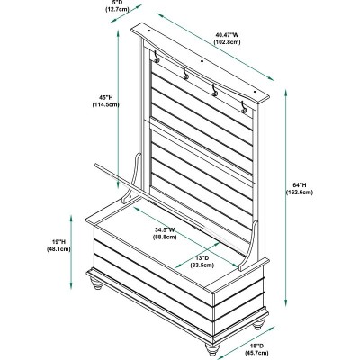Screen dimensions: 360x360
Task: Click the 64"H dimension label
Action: tap(300, 185)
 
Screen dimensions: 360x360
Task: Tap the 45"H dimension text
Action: tap(106, 97)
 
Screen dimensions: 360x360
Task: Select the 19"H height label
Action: tap(58, 241)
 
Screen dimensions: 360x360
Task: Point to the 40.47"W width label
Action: tap(227, 35)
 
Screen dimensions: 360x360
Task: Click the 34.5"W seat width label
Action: tap(165, 230)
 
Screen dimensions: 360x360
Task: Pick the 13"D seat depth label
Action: tap(202, 257)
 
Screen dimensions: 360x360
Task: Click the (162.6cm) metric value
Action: tap(300, 193)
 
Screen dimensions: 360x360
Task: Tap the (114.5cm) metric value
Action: tap(106, 104)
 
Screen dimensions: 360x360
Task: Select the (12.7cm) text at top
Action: tap(117, 9)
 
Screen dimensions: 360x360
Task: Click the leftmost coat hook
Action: tap(157, 57)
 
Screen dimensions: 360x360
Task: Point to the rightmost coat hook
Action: tap(243, 107)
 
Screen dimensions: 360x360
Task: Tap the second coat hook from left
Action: tap(185, 74)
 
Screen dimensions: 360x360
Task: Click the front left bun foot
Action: tap(96, 283)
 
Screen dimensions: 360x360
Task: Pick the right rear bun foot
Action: tap(258, 324)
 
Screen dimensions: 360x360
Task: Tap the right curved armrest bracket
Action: tap(249, 246)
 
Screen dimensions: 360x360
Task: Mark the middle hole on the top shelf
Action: tap(202, 61)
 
